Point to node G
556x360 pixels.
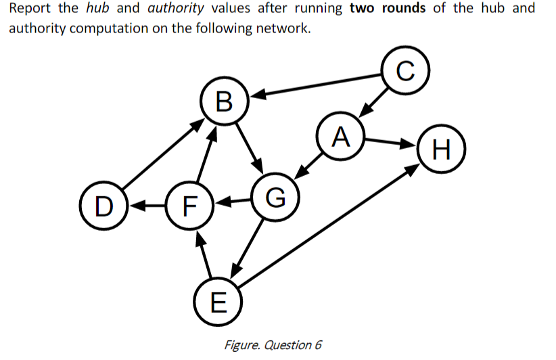pyautogui.click(x=274, y=198)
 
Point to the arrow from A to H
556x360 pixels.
pyautogui.click(x=390, y=143)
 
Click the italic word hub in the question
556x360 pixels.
pyautogui.click(x=99, y=9)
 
